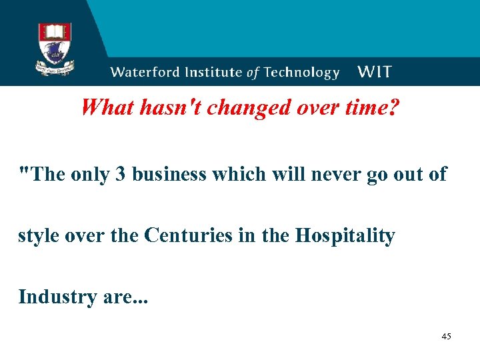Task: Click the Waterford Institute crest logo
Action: click(x=55, y=49)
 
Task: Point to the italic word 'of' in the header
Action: click(x=252, y=73)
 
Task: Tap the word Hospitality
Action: click(x=345, y=236)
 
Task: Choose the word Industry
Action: click(x=58, y=296)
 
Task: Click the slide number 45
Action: click(x=446, y=337)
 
